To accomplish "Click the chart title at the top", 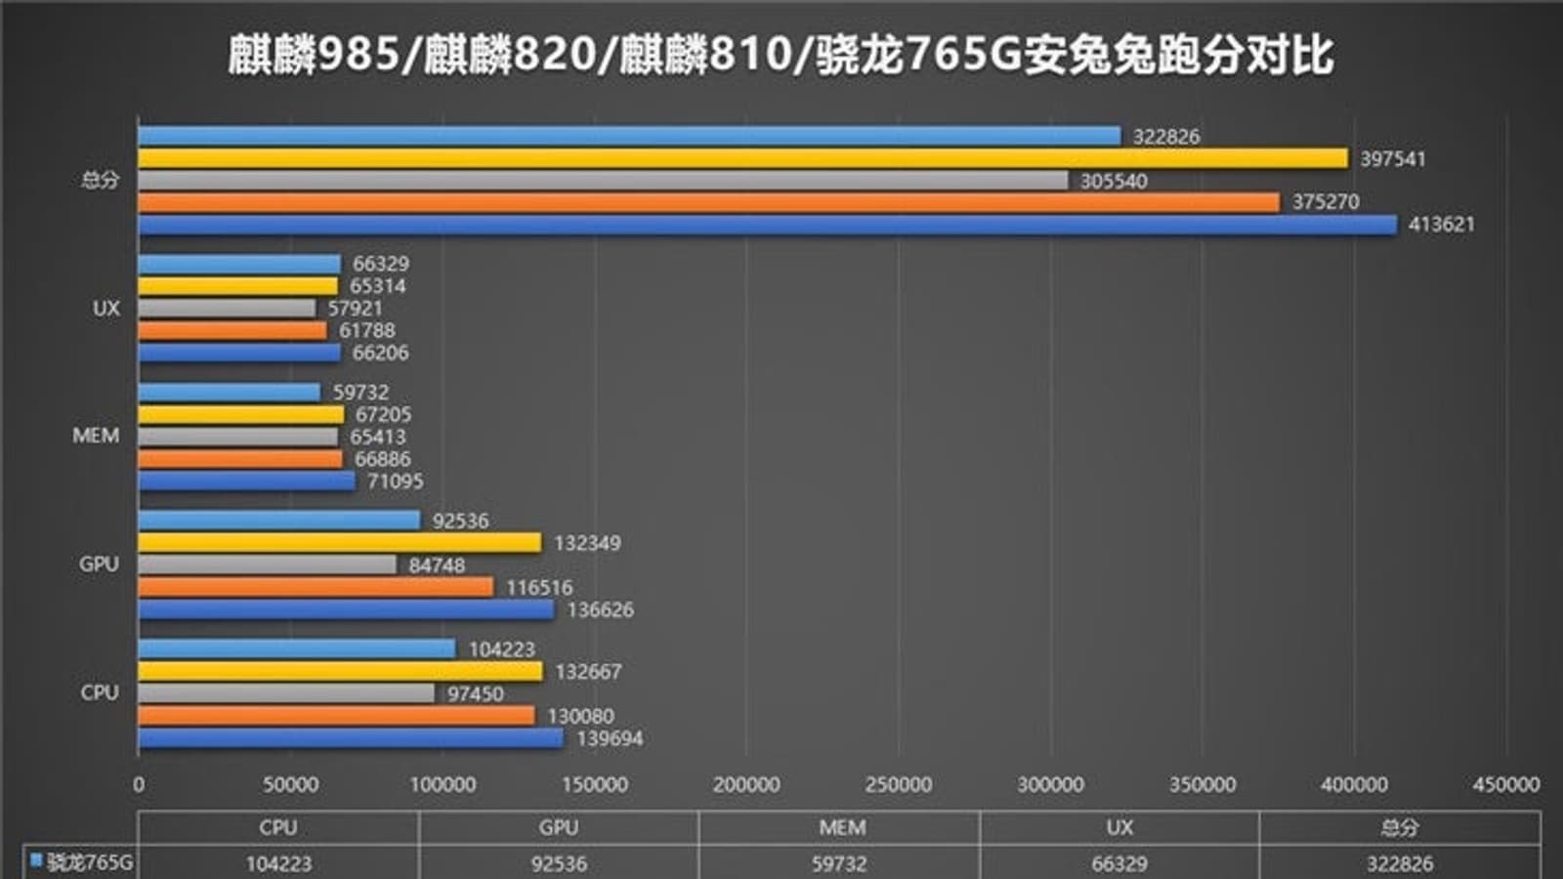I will [x=781, y=54].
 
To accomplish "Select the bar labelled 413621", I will [x=767, y=225].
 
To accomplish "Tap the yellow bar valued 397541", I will [x=742, y=158].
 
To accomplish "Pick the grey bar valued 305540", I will [x=603, y=181].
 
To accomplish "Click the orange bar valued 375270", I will [x=708, y=202].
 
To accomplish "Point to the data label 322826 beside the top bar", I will [x=1166, y=137].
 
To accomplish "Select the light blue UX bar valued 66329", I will [x=239, y=264].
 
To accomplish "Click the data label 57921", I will [x=356, y=309].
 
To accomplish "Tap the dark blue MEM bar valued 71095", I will [x=246, y=481].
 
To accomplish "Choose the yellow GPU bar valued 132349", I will [x=339, y=542].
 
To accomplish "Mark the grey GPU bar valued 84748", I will [x=267, y=565].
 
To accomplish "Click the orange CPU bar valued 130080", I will [x=336, y=716].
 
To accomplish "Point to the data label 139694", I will [x=610, y=738].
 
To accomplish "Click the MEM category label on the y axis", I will [x=96, y=436].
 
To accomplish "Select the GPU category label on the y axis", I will [x=99, y=565].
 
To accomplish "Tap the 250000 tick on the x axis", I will [x=898, y=784].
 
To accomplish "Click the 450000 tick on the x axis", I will [x=1506, y=784].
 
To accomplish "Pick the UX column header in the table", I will [x=1119, y=827].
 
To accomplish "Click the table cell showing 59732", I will [x=839, y=863].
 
